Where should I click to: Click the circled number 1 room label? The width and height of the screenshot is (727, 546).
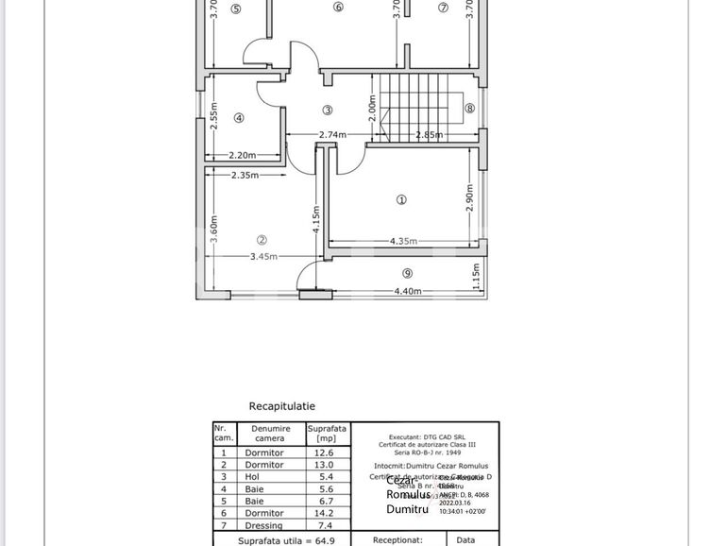click(x=401, y=199)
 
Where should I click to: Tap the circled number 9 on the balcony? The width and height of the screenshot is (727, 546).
click(x=407, y=274)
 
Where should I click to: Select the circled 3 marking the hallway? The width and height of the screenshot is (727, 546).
click(x=328, y=111)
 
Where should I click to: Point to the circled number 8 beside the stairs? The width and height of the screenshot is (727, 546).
click(x=469, y=109)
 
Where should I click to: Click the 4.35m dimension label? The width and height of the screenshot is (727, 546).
click(x=403, y=242)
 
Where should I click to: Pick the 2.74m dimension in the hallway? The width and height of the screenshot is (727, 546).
click(x=332, y=135)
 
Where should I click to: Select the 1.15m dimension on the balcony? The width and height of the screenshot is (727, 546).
click(x=476, y=275)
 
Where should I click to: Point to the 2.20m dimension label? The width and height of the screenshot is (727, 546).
click(x=243, y=156)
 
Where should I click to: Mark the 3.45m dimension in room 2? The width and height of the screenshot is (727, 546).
click(x=264, y=257)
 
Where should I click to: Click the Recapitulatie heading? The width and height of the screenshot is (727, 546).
click(x=282, y=406)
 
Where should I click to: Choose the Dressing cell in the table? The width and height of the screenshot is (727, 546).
click(x=264, y=526)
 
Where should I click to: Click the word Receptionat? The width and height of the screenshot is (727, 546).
click(x=397, y=540)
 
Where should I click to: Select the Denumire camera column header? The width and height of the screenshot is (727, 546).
click(x=269, y=434)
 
